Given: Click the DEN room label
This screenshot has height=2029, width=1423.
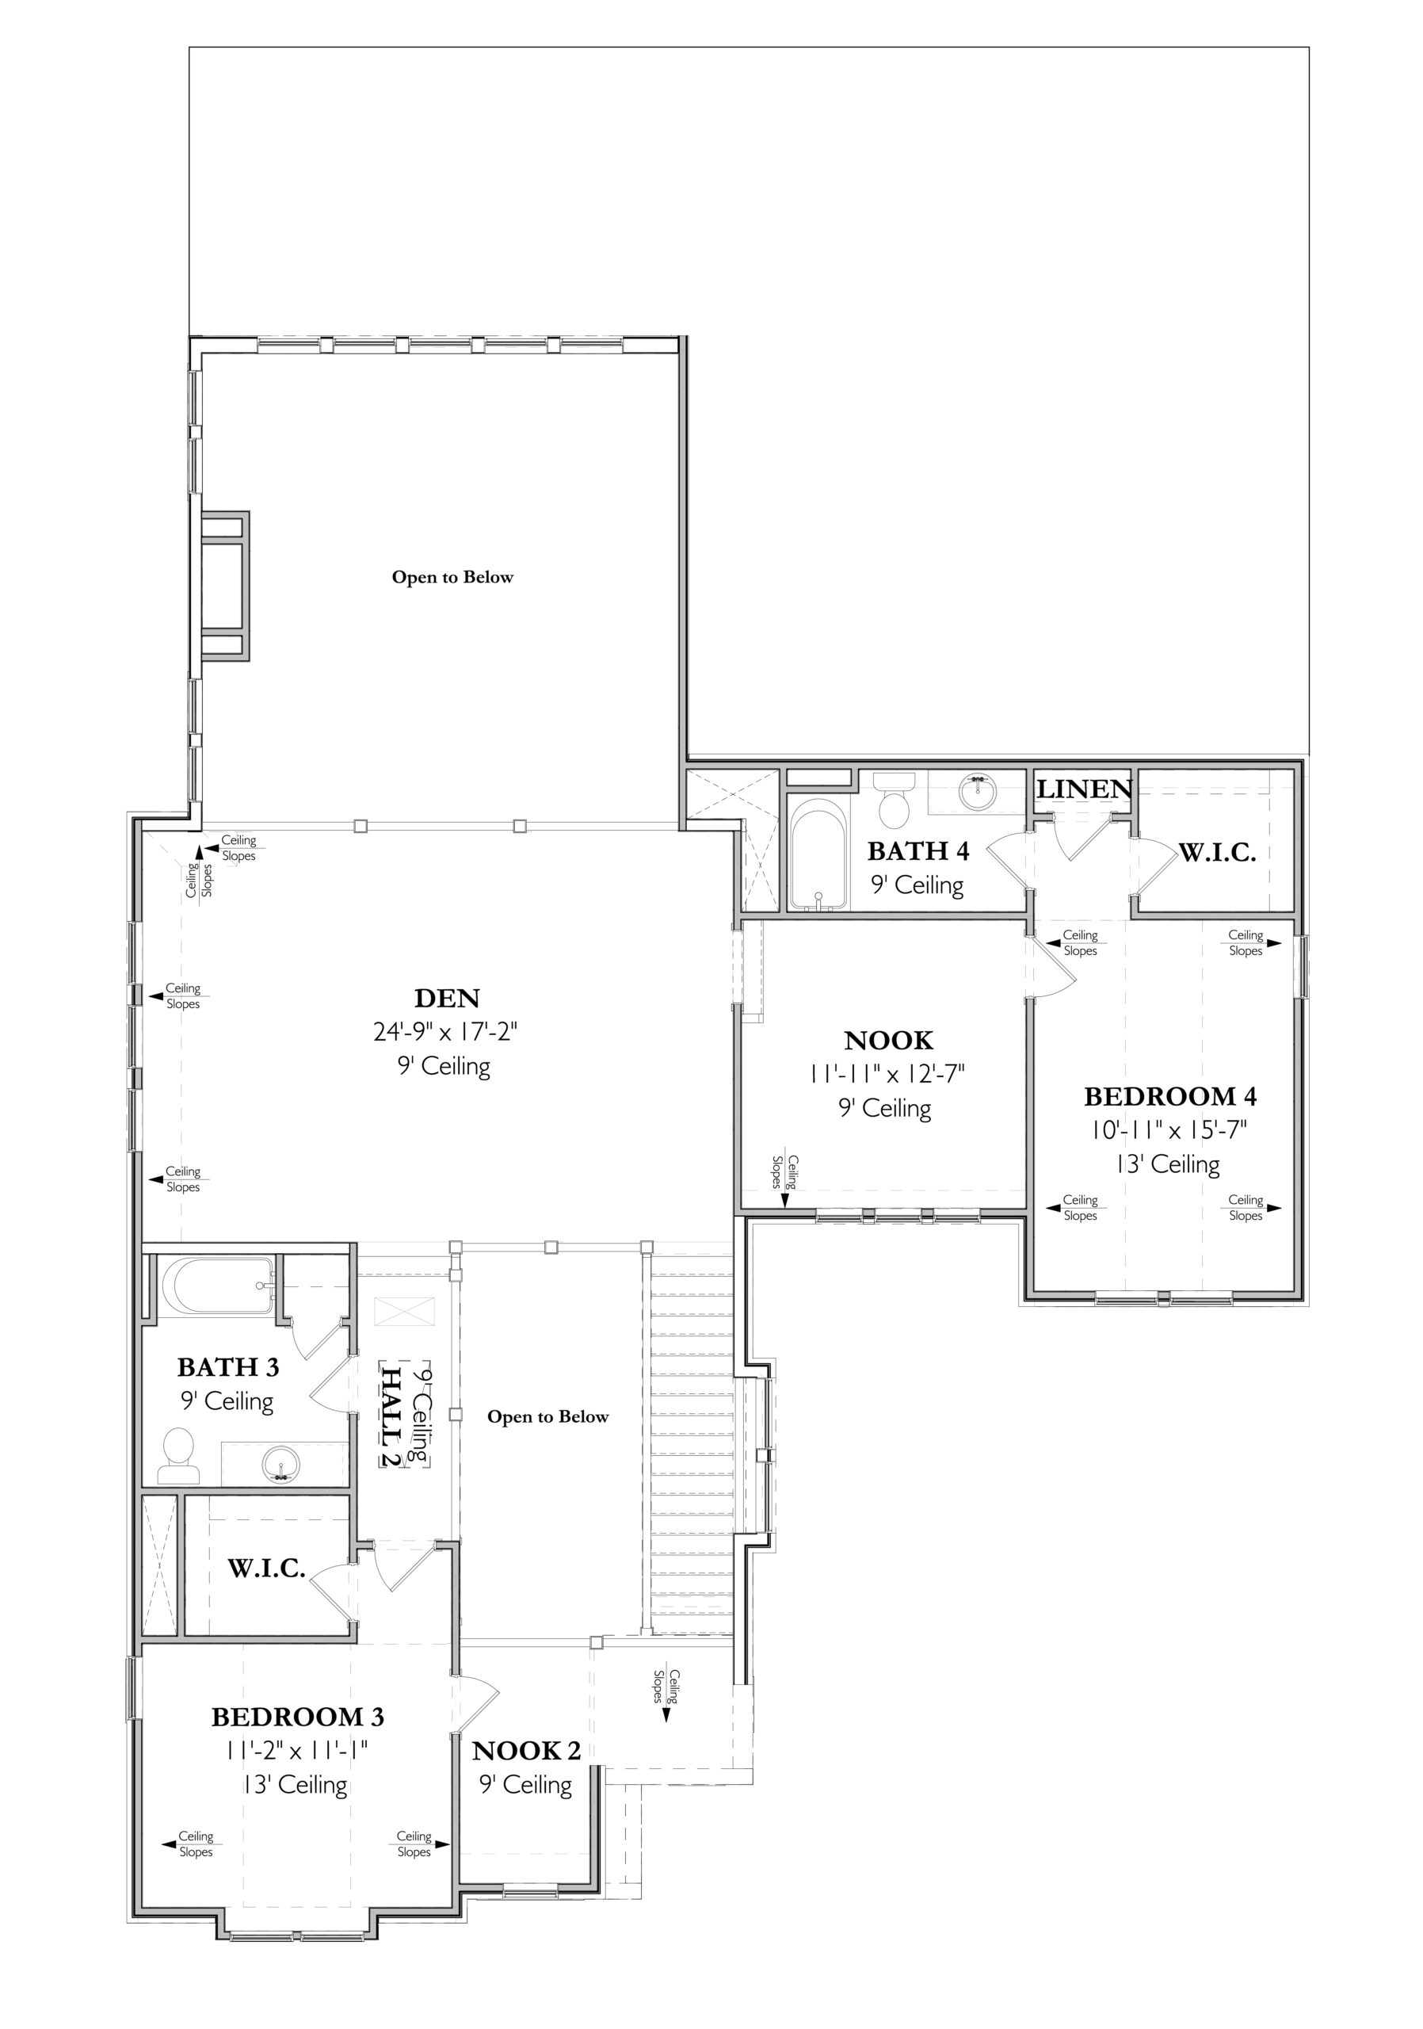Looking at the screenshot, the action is click(x=447, y=998).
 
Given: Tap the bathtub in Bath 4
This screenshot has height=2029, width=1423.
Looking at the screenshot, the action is click(x=818, y=854).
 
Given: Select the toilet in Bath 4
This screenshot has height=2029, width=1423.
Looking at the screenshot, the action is click(x=895, y=798).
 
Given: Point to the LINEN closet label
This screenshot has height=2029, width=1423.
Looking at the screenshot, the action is click(x=1084, y=789).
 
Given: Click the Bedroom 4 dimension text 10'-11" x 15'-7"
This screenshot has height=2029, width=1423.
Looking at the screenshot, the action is click(x=1169, y=1129).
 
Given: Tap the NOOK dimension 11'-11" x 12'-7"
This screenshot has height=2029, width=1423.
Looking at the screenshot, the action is click(x=886, y=1074).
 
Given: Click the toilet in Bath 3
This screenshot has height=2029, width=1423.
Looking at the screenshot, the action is click(x=178, y=1455).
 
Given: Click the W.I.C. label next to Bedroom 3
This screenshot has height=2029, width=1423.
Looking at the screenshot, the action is click(x=267, y=1569).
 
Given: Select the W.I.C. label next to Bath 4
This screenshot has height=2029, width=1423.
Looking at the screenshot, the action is click(x=1217, y=853).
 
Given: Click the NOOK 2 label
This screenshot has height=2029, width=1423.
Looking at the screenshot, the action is click(x=526, y=1751).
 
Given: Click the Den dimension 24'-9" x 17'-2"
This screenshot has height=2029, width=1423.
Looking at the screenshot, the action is click(x=444, y=1031).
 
